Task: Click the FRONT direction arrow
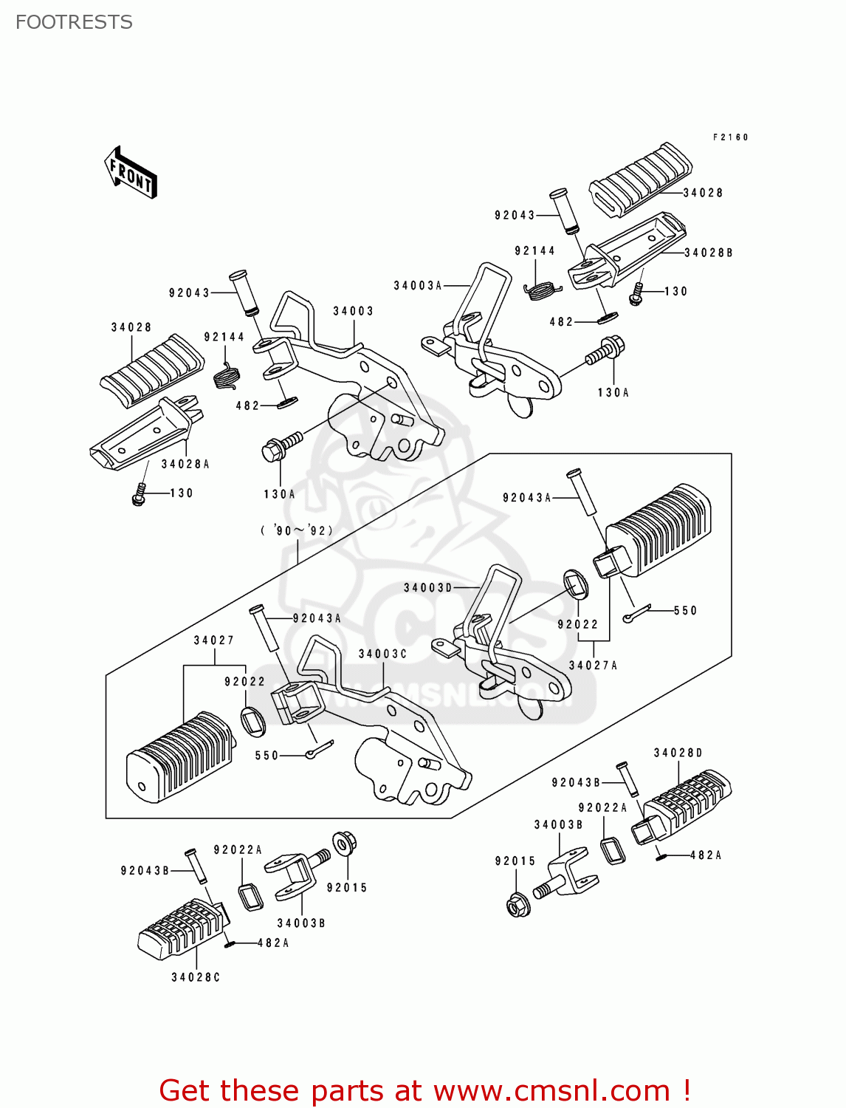pyautogui.click(x=131, y=172)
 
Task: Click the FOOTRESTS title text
pyautogui.click(x=74, y=22)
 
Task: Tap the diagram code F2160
pyautogui.click(x=730, y=137)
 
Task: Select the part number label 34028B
pyautogui.click(x=708, y=253)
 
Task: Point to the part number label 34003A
pyautogui.click(x=417, y=286)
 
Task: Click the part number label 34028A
pyautogui.click(x=185, y=464)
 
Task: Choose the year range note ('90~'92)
pyautogui.click(x=297, y=530)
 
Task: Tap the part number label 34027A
pyautogui.click(x=593, y=666)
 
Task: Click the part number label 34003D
pyautogui.click(x=427, y=588)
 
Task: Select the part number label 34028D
pyautogui.click(x=678, y=753)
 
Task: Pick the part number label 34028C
pyautogui.click(x=196, y=977)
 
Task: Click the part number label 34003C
pyautogui.click(x=382, y=654)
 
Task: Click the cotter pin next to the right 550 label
pyautogui.click(x=636, y=615)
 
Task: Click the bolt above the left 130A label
pyautogui.click(x=281, y=446)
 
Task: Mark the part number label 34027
pyautogui.click(x=214, y=640)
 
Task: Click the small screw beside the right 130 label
pyautogui.click(x=636, y=294)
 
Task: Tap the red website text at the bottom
pyautogui.click(x=424, y=1090)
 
